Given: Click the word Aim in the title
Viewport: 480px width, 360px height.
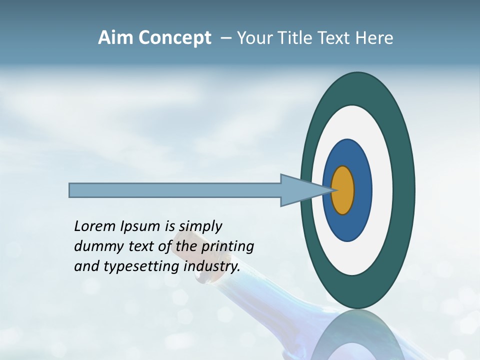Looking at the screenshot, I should coord(116,38).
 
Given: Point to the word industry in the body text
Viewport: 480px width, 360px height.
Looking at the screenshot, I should coord(212,266).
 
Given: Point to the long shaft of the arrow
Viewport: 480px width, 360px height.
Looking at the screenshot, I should coord(175,190).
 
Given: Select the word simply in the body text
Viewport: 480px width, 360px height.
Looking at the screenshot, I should coord(200,227).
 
